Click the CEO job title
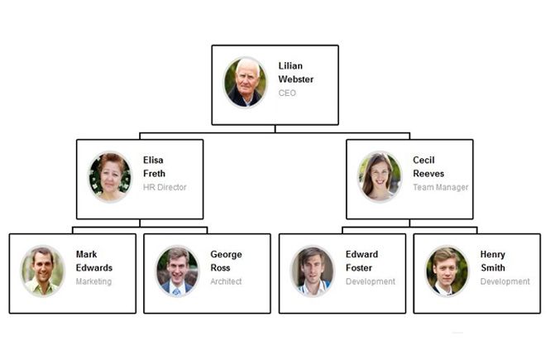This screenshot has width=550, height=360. pyautogui.click(x=287, y=93)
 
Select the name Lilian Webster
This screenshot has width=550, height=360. pyautogui.click(x=296, y=72)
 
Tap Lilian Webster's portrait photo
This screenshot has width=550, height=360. pyautogui.click(x=245, y=82)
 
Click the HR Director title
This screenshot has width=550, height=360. pyautogui.click(x=165, y=187)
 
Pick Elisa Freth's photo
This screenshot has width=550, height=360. pyautogui.click(x=110, y=176)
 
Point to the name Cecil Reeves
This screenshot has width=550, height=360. pyautogui.click(x=428, y=166)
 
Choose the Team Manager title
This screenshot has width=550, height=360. pyautogui.click(x=441, y=187)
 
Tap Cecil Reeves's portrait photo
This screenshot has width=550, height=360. pyautogui.click(x=380, y=176)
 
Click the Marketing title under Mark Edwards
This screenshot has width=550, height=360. pyautogui.click(x=93, y=281)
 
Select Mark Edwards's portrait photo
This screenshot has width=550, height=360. pyautogui.click(x=43, y=271)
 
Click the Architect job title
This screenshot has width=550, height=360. pyautogui.click(x=226, y=281)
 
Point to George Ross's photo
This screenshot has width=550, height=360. pyautogui.click(x=177, y=271)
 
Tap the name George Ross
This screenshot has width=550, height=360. pyautogui.click(x=226, y=261)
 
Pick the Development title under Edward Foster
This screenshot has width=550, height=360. pyautogui.click(x=371, y=281)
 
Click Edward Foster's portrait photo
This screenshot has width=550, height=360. pyautogui.click(x=312, y=271)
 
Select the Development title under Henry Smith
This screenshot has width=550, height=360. pyautogui.click(x=505, y=281)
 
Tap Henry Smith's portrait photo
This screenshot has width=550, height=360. pyautogui.click(x=447, y=271)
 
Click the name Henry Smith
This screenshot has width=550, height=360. pyautogui.click(x=493, y=261)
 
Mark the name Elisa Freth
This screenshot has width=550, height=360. pyautogui.click(x=154, y=166)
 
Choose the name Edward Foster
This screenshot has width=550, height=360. pyautogui.click(x=361, y=261)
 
